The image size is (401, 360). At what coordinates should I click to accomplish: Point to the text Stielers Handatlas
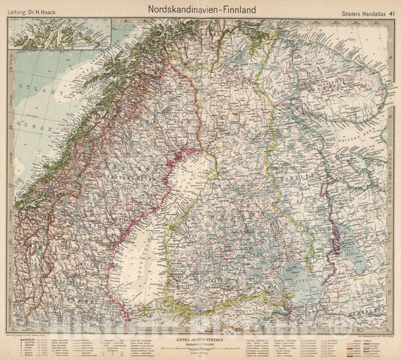click(x=357, y=11)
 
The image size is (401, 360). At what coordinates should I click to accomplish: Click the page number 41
click(x=391, y=11)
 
